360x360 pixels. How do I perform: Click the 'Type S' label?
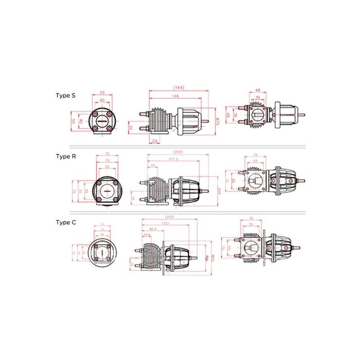(x=65, y=95)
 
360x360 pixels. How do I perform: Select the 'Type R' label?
(x=65, y=156)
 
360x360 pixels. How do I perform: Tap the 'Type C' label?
(x=65, y=222)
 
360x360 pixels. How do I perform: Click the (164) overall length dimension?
(x=179, y=87)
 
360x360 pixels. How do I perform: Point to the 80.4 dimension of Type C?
(x=153, y=229)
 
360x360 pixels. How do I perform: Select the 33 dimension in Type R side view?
(x=154, y=166)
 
